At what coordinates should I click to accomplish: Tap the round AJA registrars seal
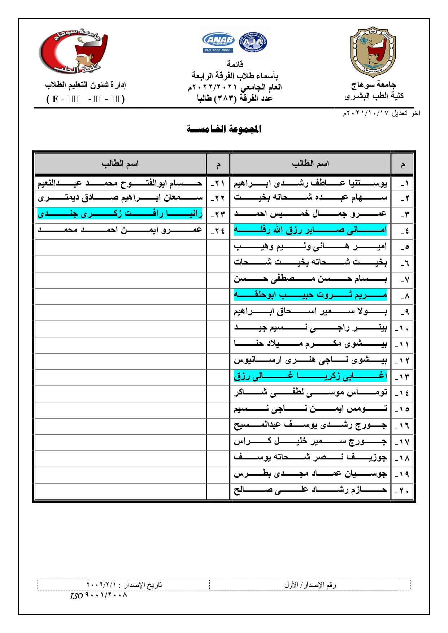tap(253, 42)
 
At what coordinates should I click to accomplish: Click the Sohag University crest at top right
tap(373, 52)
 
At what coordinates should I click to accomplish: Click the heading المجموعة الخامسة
tap(224, 129)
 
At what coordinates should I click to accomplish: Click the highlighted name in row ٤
tap(310, 230)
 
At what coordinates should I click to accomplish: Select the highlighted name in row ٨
tap(310, 295)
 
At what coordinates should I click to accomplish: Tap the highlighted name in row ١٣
tap(310, 376)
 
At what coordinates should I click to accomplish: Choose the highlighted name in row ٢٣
tap(120, 214)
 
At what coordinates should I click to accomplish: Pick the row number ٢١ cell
tap(218, 184)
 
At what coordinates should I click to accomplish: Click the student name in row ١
tap(310, 184)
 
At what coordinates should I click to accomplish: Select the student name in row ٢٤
tap(120, 230)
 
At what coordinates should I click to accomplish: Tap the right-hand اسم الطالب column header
tap(310, 164)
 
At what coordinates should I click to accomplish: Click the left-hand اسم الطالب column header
tap(120, 164)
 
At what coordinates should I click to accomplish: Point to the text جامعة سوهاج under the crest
tap(374, 85)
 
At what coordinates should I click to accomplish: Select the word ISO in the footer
tap(76, 596)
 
